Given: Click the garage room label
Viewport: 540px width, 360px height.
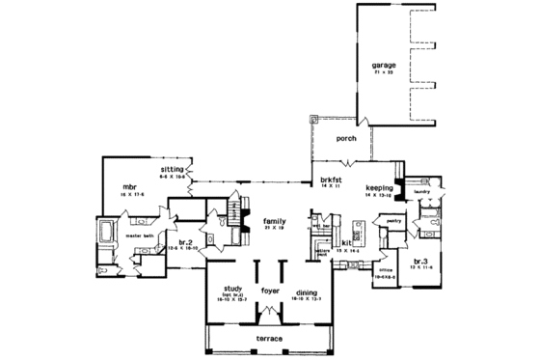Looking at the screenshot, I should (x=385, y=67).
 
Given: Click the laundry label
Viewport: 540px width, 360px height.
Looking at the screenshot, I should (x=420, y=191).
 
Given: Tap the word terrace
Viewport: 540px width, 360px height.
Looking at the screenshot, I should (x=271, y=340).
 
